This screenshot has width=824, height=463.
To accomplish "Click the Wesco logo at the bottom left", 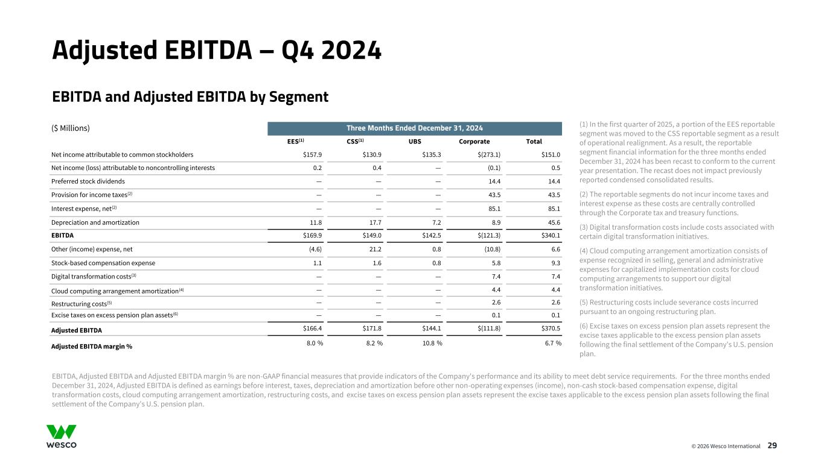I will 62,436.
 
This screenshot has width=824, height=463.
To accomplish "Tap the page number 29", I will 772,446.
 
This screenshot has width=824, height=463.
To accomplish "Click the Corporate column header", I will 474,141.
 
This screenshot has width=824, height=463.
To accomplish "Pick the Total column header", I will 534,141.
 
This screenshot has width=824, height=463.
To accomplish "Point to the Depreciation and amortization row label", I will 95,222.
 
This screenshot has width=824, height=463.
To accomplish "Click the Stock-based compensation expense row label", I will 103,263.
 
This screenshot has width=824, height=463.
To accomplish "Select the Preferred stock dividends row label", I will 88,181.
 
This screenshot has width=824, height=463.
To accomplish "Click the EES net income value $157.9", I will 312,154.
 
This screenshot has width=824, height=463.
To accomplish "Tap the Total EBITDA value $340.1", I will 551,236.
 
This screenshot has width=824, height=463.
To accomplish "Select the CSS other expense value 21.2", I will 374,249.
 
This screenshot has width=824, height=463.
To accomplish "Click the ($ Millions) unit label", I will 71,128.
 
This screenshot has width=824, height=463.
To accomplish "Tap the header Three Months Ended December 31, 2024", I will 414,128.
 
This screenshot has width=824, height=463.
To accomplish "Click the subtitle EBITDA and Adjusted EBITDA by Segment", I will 190,96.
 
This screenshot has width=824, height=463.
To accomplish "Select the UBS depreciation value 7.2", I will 436,222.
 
